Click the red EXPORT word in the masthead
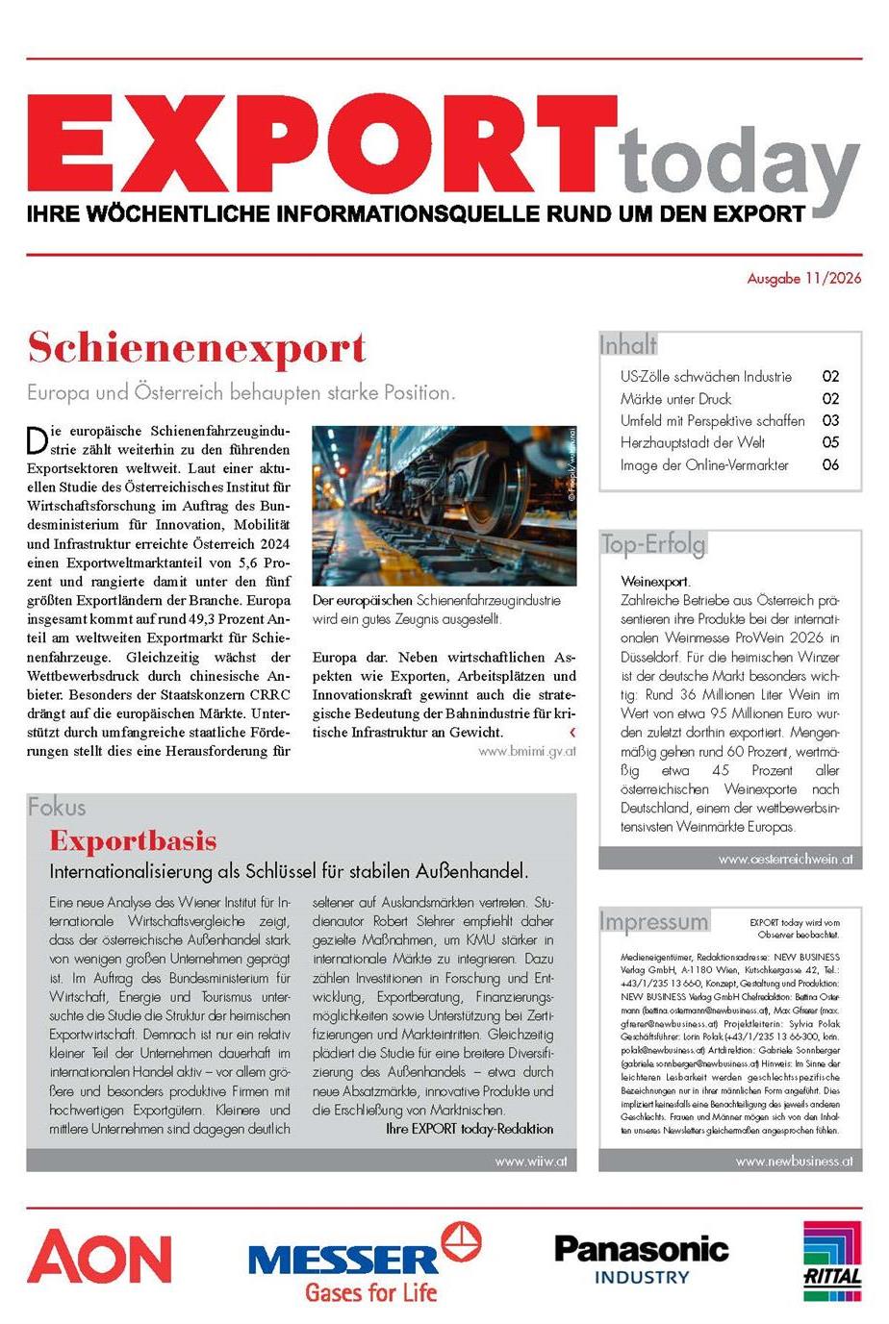321,146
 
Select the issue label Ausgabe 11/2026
804,279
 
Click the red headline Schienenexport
197,348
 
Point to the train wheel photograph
444,506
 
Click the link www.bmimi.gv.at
526,751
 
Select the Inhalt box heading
628,344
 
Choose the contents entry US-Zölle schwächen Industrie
705,377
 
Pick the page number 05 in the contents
830,442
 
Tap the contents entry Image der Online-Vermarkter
704,465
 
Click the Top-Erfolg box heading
653,544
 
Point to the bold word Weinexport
655,582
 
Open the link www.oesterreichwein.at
784,860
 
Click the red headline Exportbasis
133,841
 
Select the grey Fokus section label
57,807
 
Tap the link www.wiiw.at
530,1161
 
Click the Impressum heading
654,921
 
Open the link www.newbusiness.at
794,1161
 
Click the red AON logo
99,1258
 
